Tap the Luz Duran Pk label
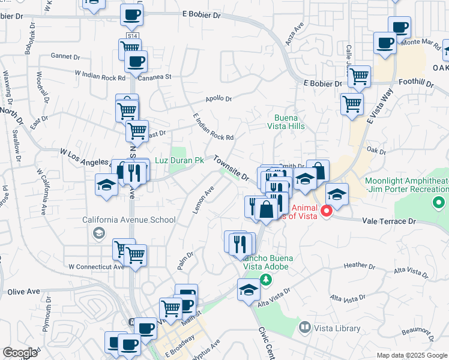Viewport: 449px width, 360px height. (180, 160)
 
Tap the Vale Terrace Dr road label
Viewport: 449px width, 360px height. (389, 221)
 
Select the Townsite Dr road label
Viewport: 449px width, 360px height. (232, 169)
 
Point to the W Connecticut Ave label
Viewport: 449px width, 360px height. (96, 266)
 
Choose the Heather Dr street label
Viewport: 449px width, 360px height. (360, 265)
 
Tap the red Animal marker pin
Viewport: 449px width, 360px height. (327, 211)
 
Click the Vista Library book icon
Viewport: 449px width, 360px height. (304, 328)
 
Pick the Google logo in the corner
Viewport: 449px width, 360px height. (20, 353)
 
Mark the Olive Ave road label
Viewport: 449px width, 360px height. (23, 292)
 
